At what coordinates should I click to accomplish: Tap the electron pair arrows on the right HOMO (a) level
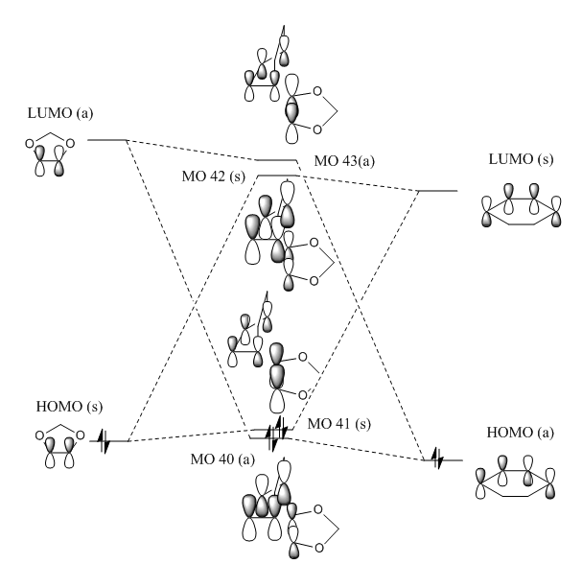(x=437, y=459)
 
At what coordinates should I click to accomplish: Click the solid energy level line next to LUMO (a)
(x=107, y=140)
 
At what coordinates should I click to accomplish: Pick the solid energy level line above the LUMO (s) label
(x=439, y=191)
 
